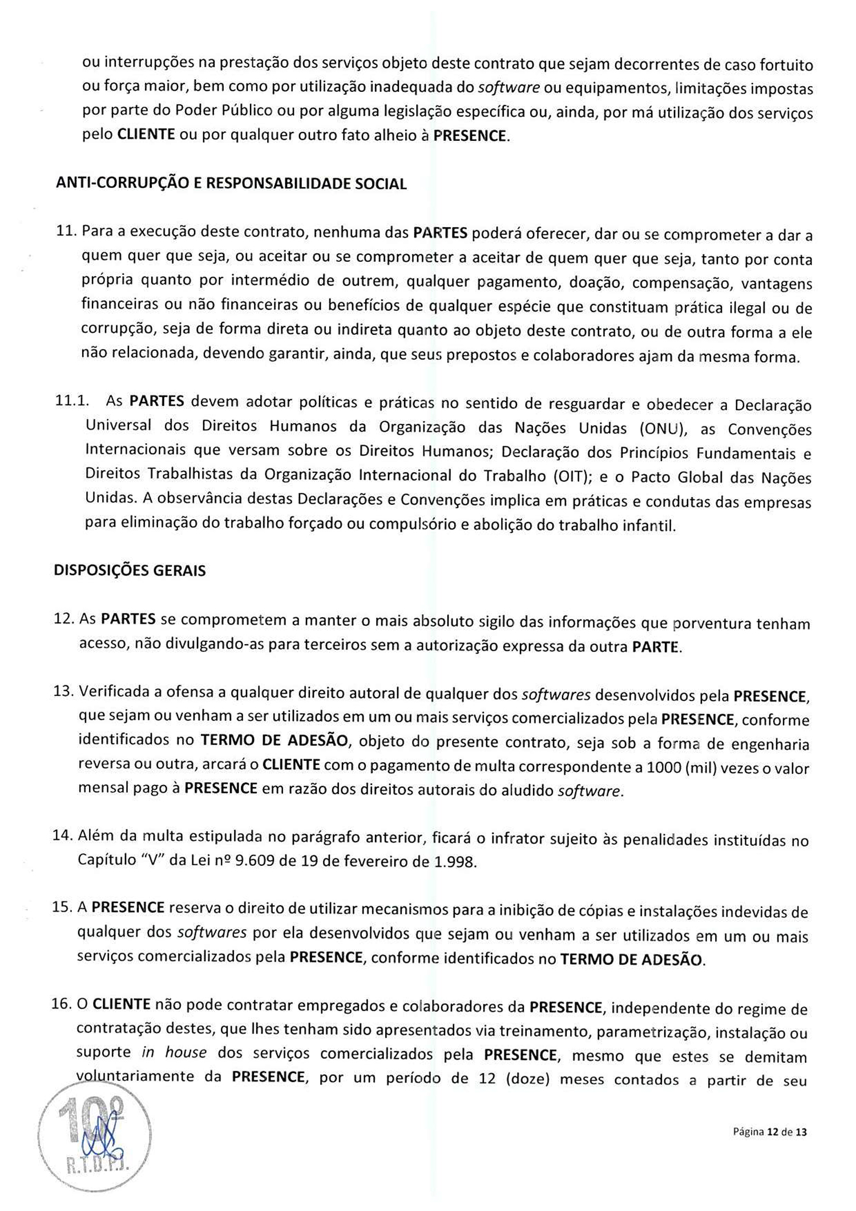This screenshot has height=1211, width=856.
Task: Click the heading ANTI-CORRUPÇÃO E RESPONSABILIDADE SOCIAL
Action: (x=231, y=184)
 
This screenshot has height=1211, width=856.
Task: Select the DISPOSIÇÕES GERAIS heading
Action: (x=130, y=570)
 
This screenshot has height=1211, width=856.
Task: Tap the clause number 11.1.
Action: (x=72, y=400)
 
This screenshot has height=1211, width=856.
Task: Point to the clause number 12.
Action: (x=63, y=619)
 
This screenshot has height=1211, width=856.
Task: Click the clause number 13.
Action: (x=63, y=691)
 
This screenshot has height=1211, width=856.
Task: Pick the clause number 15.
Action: (x=62, y=907)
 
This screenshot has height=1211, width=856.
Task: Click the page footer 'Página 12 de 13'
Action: (x=770, y=1132)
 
